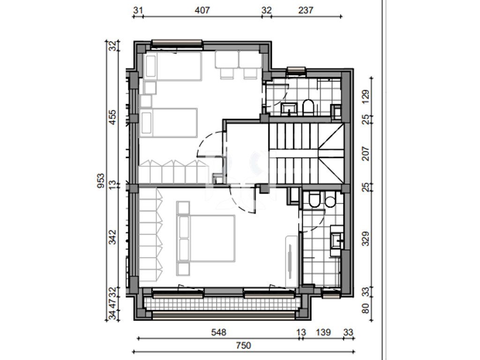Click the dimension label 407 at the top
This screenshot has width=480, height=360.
(x=202, y=10)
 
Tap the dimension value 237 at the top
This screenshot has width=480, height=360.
(x=306, y=10)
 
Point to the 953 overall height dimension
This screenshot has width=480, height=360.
(x=101, y=180)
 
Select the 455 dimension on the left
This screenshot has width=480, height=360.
(x=113, y=117)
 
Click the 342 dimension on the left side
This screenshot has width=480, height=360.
(x=113, y=237)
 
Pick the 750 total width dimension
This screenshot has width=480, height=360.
(x=243, y=345)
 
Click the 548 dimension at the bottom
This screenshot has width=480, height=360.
(x=218, y=332)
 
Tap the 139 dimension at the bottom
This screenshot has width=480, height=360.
(x=323, y=332)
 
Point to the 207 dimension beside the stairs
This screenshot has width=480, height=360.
(x=366, y=154)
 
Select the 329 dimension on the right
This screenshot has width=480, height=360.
(x=366, y=239)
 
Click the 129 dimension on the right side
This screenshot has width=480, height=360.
(x=366, y=97)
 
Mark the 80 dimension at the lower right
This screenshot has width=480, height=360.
(x=366, y=308)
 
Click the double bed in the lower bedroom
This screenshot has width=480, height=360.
(x=206, y=238)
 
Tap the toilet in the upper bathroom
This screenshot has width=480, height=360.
(x=308, y=107)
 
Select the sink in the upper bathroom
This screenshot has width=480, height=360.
(x=289, y=109)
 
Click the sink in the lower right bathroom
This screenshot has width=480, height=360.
(x=337, y=241)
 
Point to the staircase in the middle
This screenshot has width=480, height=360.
(x=307, y=153)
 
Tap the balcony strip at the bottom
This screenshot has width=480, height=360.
(x=220, y=304)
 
